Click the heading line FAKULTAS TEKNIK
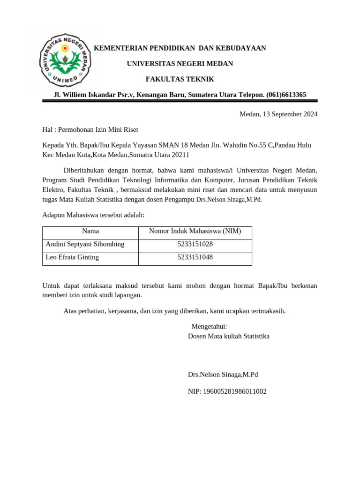click(x=180, y=79)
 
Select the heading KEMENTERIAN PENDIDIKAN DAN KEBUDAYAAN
click(x=180, y=48)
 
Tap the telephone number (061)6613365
click(x=286, y=95)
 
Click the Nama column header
click(x=90, y=231)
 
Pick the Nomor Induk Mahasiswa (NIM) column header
click(x=195, y=231)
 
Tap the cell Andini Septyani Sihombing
click(x=85, y=244)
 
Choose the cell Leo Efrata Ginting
click(x=72, y=257)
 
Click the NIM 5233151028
click(x=195, y=244)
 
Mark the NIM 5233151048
click(x=195, y=257)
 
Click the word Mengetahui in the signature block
click(x=209, y=326)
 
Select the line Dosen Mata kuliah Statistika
click(x=228, y=336)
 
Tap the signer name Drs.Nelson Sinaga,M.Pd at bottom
click(x=223, y=375)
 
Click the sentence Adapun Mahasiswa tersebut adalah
click(x=93, y=215)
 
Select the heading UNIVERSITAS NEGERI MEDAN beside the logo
click(x=180, y=64)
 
